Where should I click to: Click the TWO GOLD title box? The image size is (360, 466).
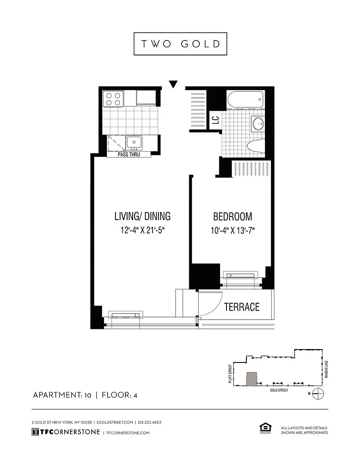[180, 44]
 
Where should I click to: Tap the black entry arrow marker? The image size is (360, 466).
[173, 84]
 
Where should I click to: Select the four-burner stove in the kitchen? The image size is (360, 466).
[113, 99]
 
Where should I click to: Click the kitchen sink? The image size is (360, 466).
[134, 143]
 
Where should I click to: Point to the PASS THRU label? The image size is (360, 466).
[129, 155]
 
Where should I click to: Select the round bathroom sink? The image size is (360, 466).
[258, 123]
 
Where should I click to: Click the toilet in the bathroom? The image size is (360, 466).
[256, 146]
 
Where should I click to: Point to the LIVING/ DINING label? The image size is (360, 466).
[142, 216]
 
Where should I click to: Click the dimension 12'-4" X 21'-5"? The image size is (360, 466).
[143, 230]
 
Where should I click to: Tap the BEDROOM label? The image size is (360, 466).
[233, 216]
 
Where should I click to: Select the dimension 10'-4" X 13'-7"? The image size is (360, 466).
[233, 230]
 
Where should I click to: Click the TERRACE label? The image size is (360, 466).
[241, 307]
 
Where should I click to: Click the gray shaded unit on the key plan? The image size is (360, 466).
[252, 379]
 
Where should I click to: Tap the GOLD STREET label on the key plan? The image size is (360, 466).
[279, 390]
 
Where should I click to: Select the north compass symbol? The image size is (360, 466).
[318, 394]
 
